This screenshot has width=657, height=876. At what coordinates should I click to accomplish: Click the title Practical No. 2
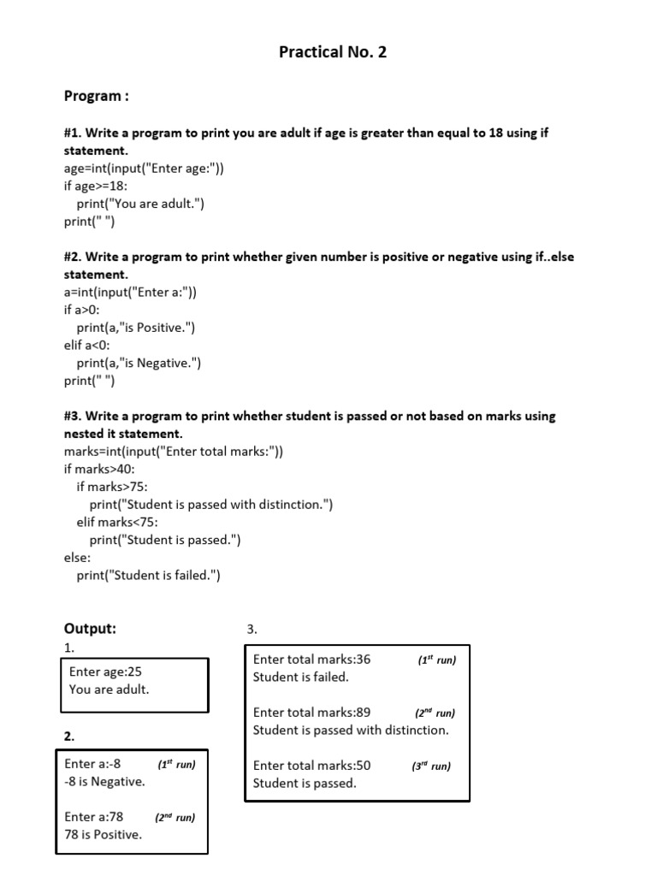333,52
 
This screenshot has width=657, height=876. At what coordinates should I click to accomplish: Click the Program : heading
97,96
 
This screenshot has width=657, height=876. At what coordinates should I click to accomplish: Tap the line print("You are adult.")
141,204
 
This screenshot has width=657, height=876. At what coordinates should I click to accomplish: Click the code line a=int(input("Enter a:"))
130,292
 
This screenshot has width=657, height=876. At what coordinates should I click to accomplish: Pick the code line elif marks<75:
118,522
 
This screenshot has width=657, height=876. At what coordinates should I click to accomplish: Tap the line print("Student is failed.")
149,575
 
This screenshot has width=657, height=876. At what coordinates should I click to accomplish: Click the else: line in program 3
78,558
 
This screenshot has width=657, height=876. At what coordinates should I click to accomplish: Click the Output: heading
91,629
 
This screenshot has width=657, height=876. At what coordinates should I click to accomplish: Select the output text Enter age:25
105,672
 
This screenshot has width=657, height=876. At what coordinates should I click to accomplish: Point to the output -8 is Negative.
104,781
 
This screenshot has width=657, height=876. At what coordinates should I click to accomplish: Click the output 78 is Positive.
103,834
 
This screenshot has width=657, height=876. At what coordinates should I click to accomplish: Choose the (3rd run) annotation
430,766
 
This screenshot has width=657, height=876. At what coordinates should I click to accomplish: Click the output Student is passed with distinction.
351,730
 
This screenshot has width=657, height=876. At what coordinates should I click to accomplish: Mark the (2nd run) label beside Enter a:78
175,818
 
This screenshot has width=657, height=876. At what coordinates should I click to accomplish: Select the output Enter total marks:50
312,766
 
